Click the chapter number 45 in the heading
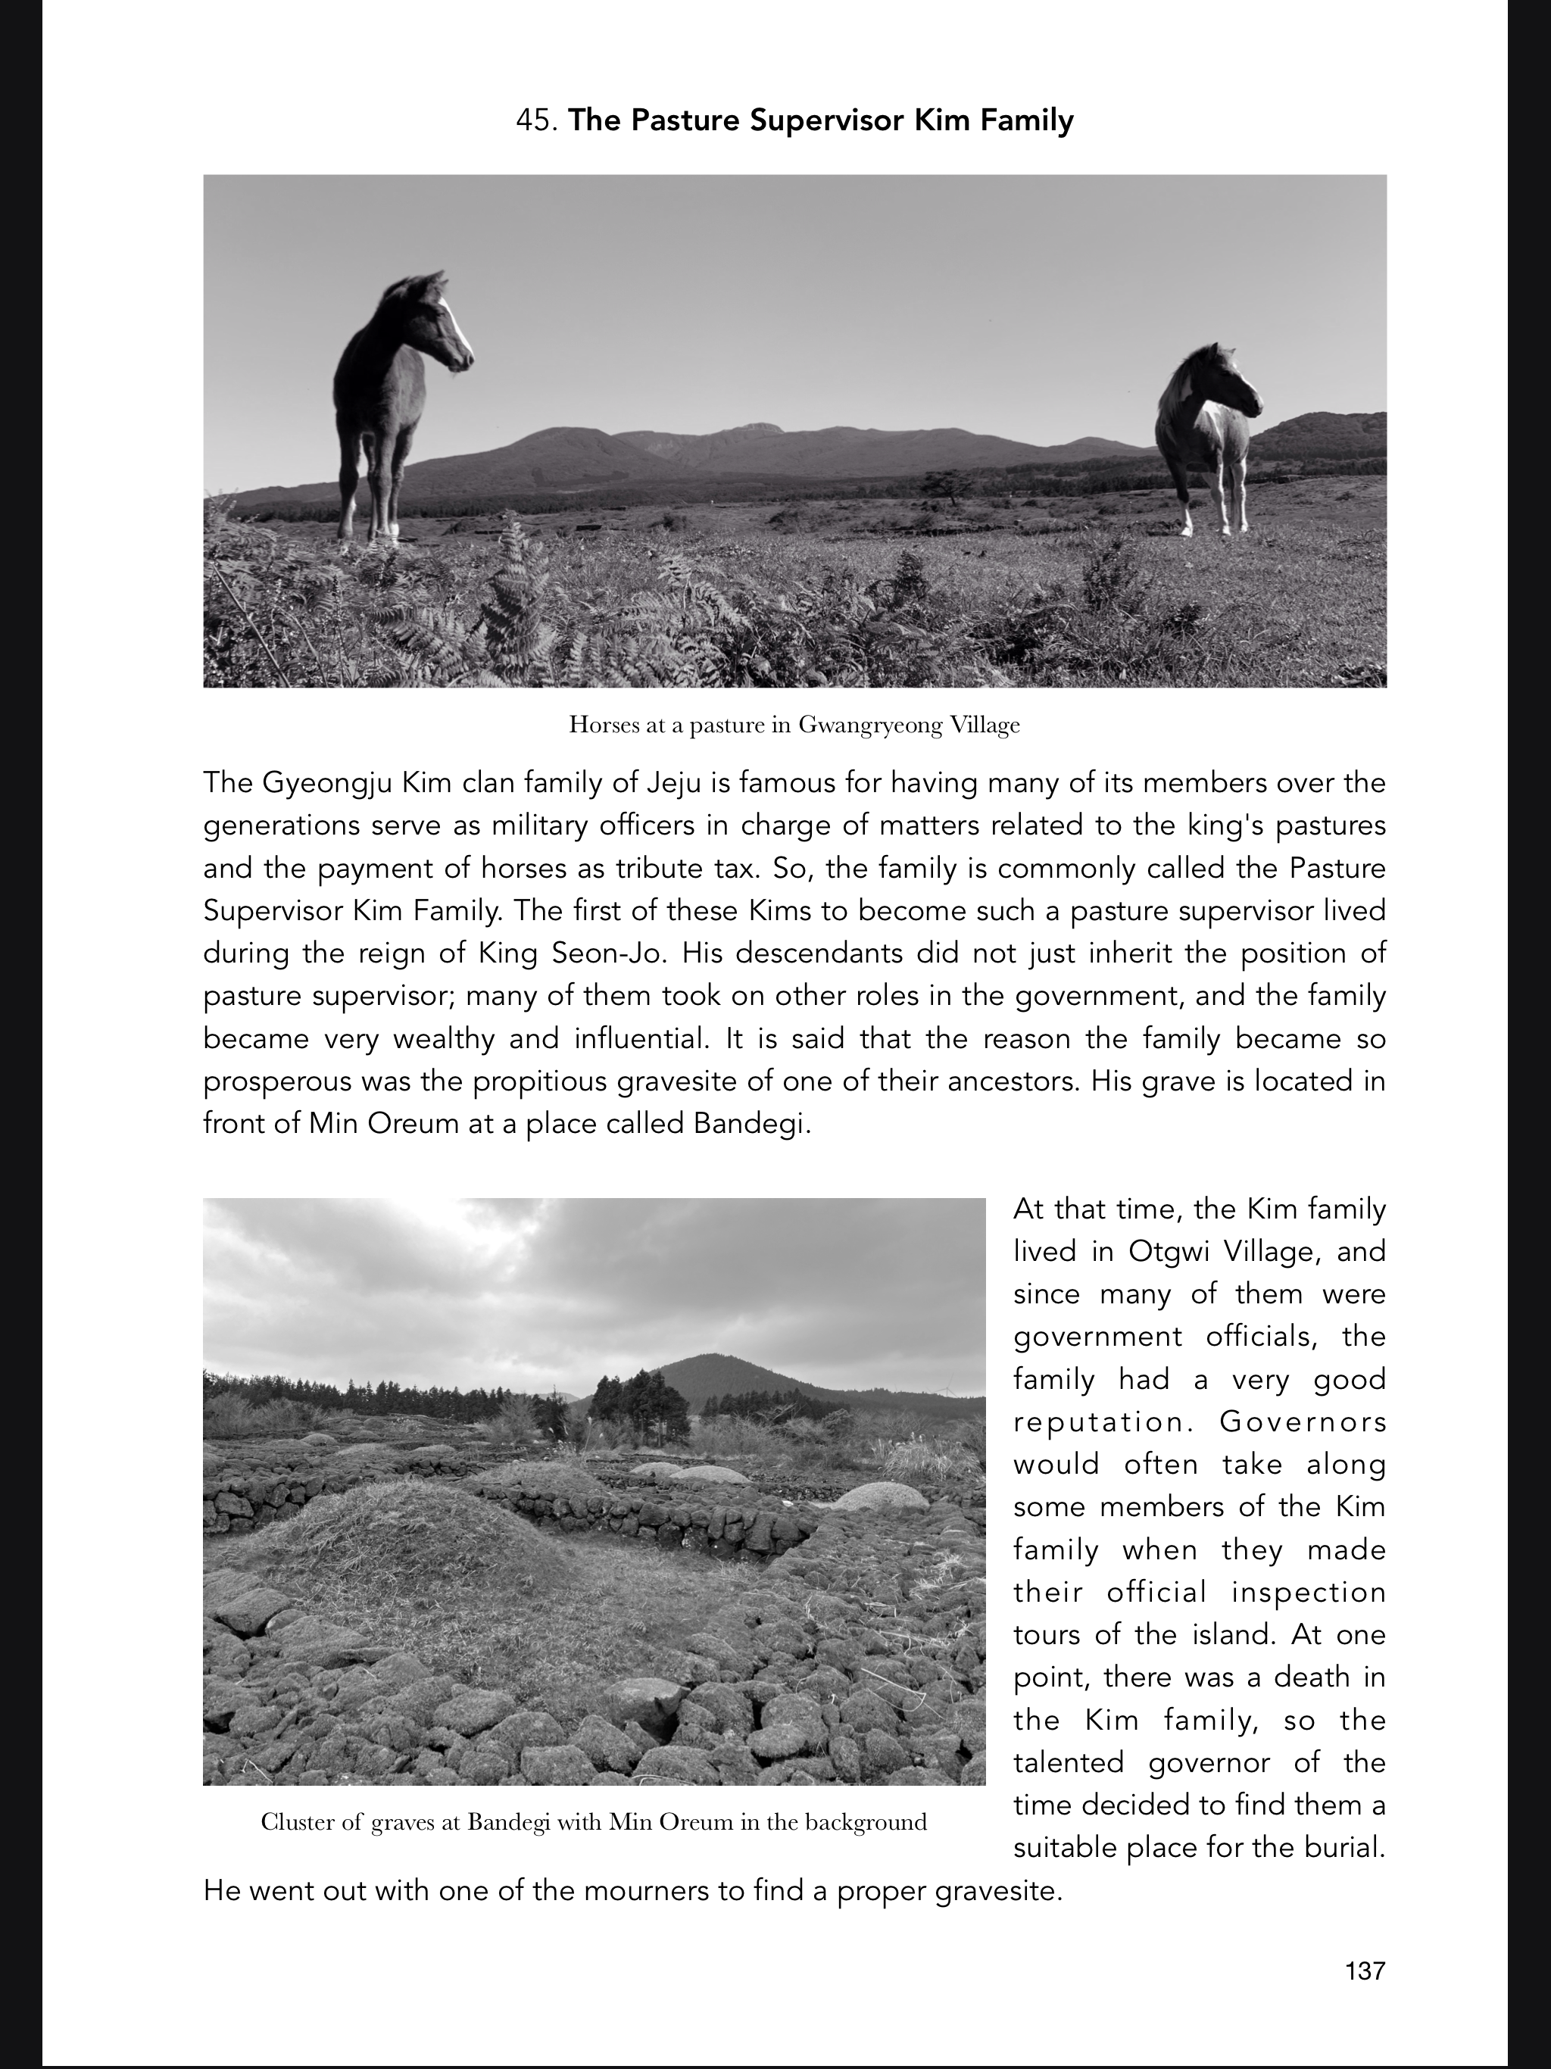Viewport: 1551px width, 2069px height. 537,120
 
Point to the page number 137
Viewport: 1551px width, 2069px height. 1365,1971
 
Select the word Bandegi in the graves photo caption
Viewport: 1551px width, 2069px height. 508,1822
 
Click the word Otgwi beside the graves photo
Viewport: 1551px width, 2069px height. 1168,1252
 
